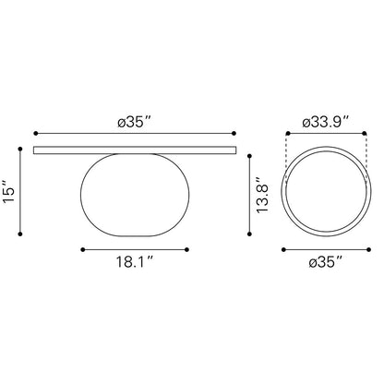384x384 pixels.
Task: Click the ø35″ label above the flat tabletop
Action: [x=134, y=122]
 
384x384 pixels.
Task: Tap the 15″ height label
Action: [x=8, y=191]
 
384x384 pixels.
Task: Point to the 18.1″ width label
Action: [x=135, y=262]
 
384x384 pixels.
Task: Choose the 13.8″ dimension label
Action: [x=262, y=195]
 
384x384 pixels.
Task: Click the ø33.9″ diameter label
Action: [x=326, y=122]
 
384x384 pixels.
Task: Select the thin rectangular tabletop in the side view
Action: [x=135, y=150]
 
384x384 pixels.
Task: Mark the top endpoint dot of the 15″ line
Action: [x=20, y=150]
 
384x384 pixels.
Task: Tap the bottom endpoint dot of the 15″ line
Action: [x=20, y=234]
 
